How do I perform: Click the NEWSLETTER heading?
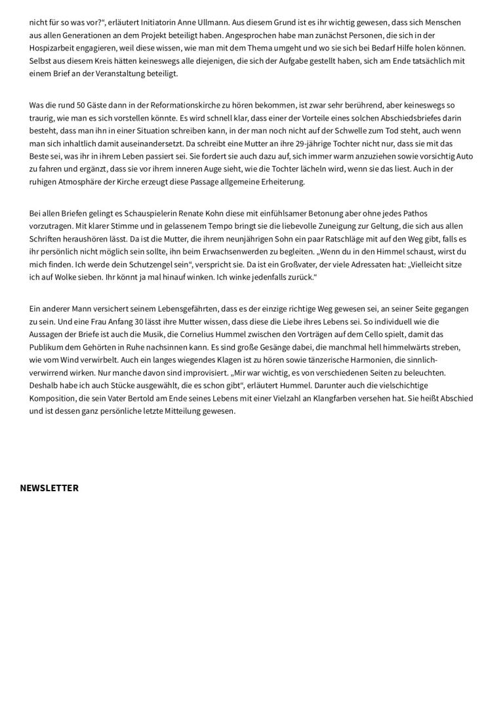pyautogui.click(x=49, y=488)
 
